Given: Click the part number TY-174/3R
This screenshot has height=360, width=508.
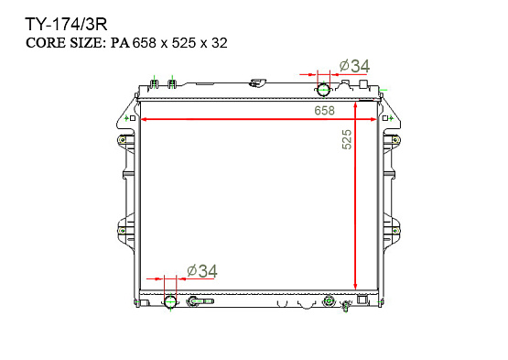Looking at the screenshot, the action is pyautogui.click(x=66, y=25).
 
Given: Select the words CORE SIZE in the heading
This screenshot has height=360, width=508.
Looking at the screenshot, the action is pyautogui.click(x=65, y=43).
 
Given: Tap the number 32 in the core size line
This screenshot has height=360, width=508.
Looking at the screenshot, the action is pyautogui.click(x=220, y=43).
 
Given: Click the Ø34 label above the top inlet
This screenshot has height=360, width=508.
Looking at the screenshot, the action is pyautogui.click(x=354, y=66).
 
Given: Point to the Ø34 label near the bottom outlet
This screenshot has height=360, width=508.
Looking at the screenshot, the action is pyautogui.click(x=202, y=271).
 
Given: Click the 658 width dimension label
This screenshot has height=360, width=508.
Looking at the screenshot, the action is pyautogui.click(x=324, y=111).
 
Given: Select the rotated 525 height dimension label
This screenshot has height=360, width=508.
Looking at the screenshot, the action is pyautogui.click(x=347, y=139).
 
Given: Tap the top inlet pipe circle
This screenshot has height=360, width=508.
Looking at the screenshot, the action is pyautogui.click(x=323, y=89).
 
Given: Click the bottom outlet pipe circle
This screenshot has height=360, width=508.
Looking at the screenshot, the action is pyautogui.click(x=170, y=302).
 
